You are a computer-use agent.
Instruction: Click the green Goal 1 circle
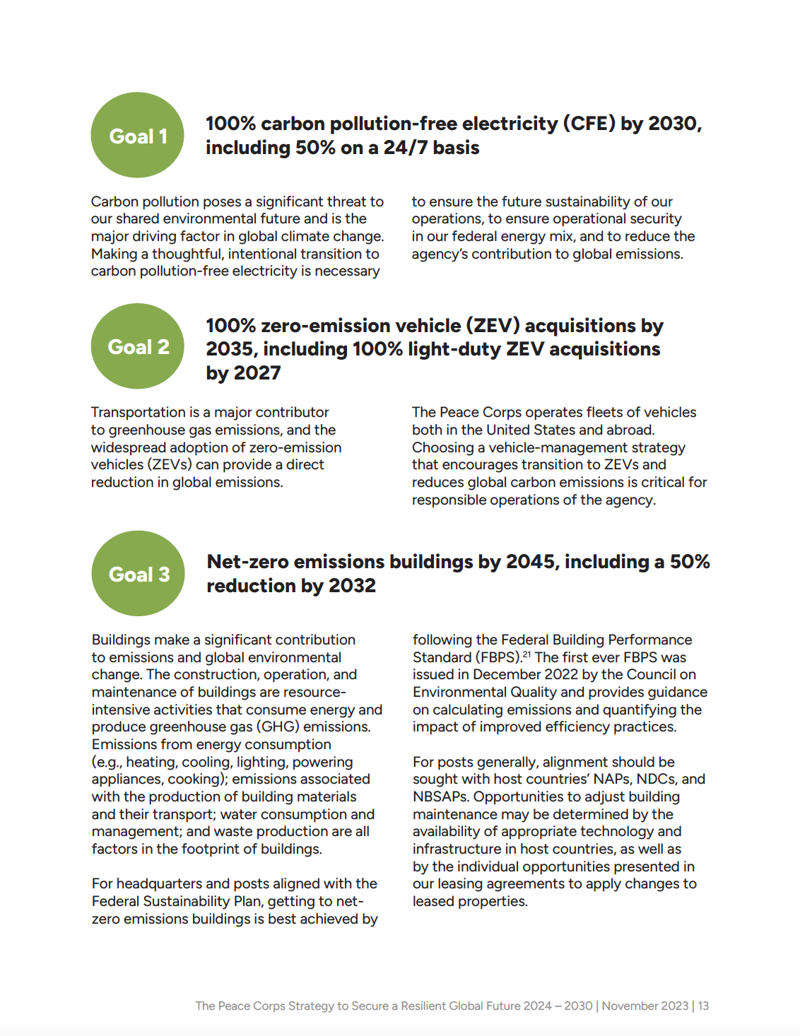point(137,135)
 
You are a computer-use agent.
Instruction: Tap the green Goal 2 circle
point(137,346)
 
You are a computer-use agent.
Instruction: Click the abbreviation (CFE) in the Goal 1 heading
point(589,124)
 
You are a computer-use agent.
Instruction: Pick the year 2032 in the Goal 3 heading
point(351,586)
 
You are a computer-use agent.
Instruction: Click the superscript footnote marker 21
point(527,654)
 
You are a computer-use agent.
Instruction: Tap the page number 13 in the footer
point(703,1006)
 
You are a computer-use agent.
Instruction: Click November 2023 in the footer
point(645,1006)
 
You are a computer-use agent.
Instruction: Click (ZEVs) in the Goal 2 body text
point(169,465)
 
